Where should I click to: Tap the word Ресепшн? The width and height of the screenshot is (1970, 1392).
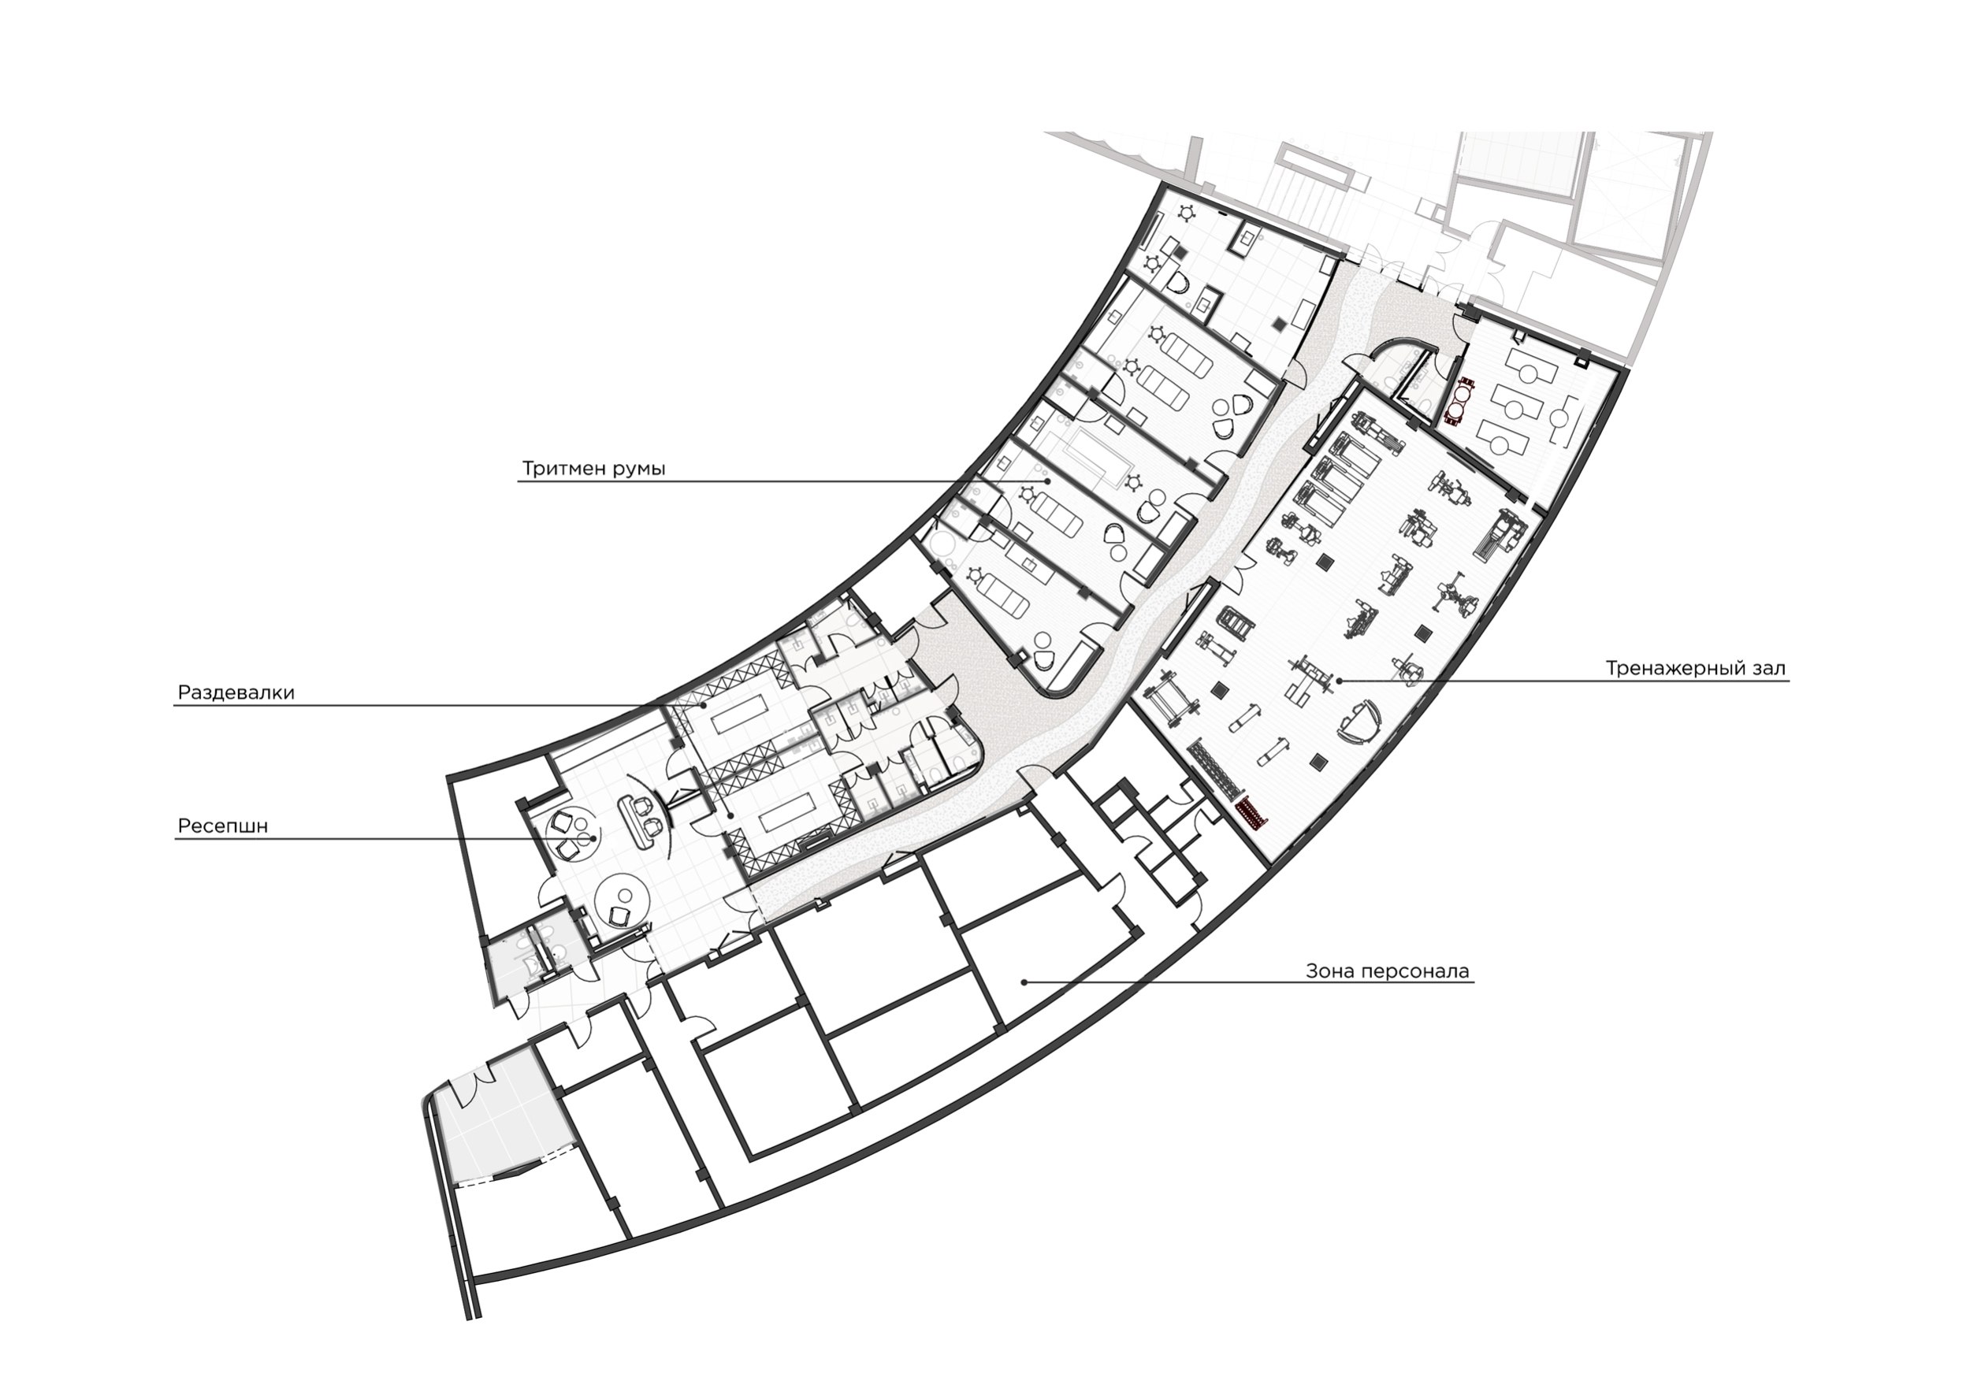pyautogui.click(x=223, y=826)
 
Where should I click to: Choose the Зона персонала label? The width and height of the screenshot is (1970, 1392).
pyautogui.click(x=1388, y=972)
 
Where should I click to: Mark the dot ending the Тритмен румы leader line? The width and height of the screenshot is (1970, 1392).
pyautogui.click(x=1046, y=482)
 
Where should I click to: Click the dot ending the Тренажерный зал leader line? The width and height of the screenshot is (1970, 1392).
pyautogui.click(x=1339, y=681)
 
